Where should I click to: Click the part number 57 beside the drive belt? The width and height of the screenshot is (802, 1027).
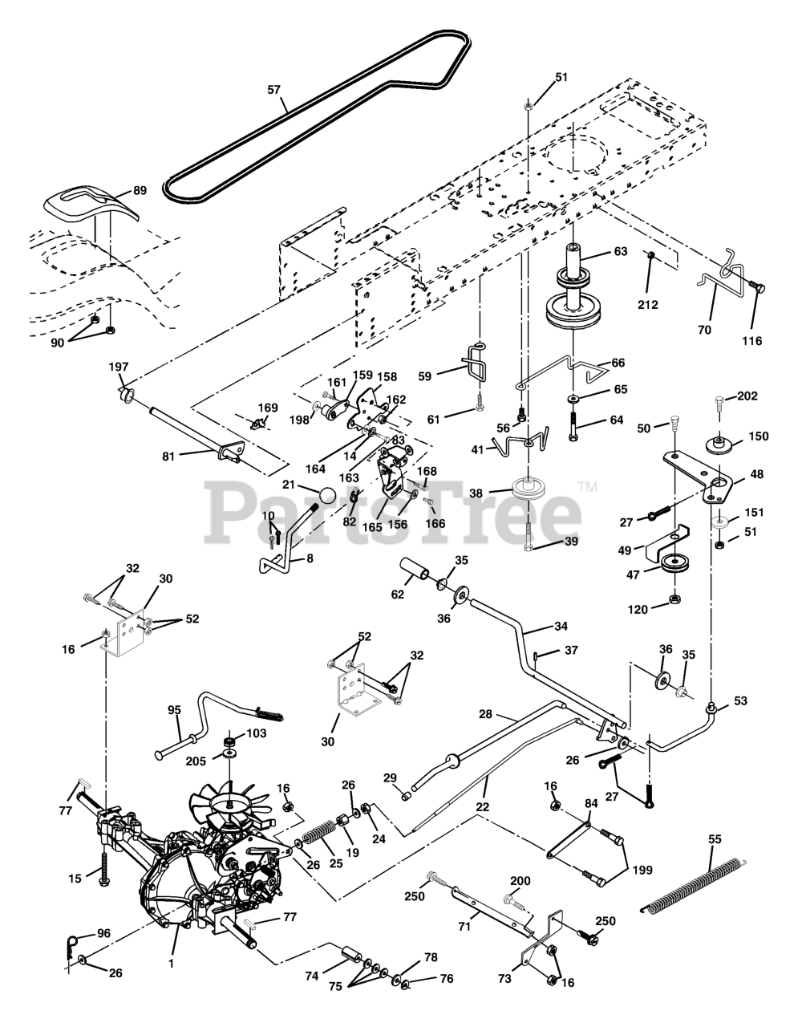(x=273, y=90)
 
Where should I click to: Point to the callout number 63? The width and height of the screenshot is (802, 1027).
(x=621, y=251)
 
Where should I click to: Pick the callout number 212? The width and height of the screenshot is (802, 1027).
(x=647, y=305)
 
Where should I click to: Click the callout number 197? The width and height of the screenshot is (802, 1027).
(x=119, y=367)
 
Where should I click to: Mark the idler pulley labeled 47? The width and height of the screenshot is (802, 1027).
(x=675, y=563)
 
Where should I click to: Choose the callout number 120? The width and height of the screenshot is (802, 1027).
(x=638, y=610)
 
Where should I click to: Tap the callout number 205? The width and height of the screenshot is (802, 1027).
(x=196, y=761)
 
